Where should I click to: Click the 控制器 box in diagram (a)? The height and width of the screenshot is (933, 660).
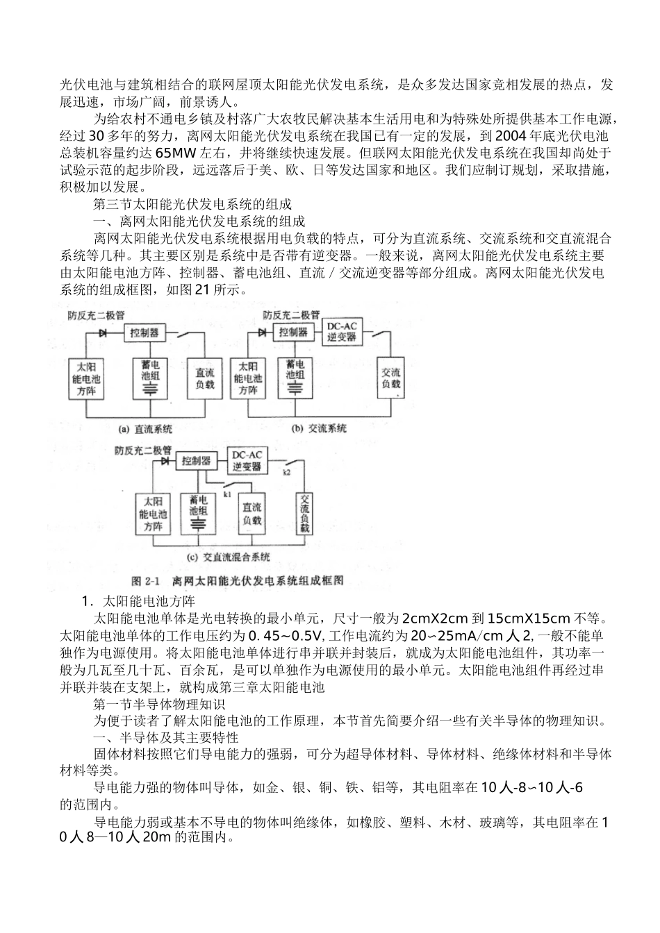coord(145,333)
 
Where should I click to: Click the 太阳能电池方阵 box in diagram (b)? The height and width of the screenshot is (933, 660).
coord(247,378)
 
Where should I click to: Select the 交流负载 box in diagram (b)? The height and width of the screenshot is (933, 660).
coord(390,378)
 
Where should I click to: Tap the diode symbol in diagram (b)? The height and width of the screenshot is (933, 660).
coord(262,333)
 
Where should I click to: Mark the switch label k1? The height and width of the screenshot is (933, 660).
coord(227,494)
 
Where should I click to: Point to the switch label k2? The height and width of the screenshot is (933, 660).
coord(287,472)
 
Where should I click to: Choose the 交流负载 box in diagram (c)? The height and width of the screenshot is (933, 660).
coord(304,514)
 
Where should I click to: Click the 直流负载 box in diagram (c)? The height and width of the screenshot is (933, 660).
coord(251,514)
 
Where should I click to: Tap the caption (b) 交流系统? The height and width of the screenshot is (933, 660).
coord(318,429)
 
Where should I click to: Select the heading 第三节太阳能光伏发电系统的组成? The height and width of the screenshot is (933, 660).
coord(192,205)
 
